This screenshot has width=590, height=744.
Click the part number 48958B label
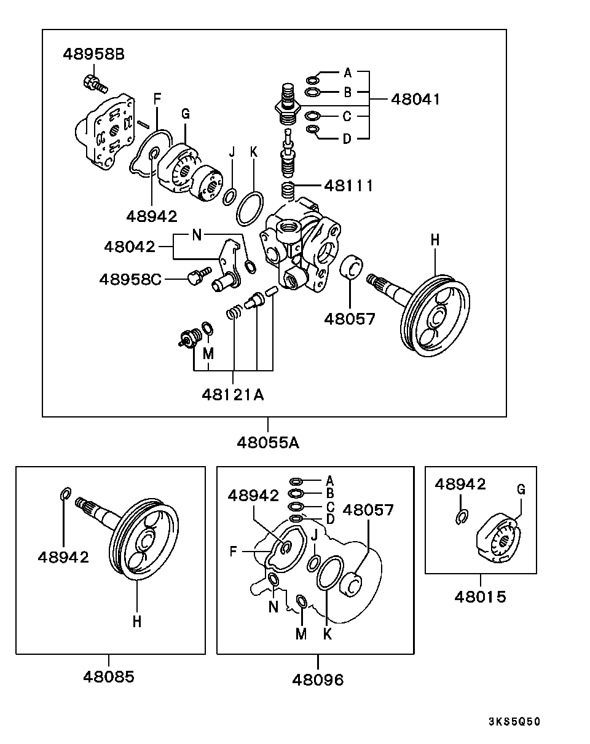click(x=93, y=54)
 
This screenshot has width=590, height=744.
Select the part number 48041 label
click(x=415, y=99)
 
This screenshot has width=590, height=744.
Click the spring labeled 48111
click(x=289, y=189)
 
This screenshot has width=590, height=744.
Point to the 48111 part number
click(x=348, y=186)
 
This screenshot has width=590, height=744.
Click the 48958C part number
click(x=130, y=279)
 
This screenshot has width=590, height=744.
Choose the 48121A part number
click(x=232, y=395)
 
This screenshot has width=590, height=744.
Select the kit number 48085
click(x=109, y=676)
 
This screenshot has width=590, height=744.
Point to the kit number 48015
click(x=481, y=596)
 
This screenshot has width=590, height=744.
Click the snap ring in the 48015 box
click(x=462, y=518)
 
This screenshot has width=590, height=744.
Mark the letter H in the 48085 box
click(x=136, y=621)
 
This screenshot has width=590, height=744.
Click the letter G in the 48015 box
click(x=521, y=490)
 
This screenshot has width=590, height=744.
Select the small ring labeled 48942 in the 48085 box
click(x=66, y=494)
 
